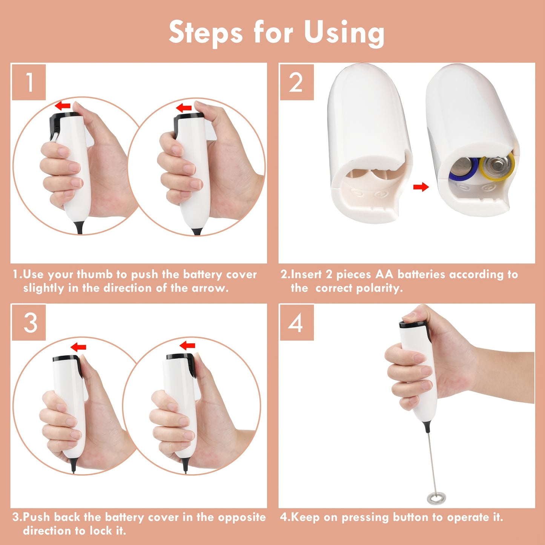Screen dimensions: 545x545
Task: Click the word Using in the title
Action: pyautogui.click(x=344, y=33)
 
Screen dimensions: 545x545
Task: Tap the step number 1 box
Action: pyautogui.click(x=29, y=82)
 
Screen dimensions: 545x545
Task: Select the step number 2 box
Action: pyautogui.click(x=296, y=82)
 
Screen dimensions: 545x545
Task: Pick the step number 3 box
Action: pyautogui.click(x=29, y=323)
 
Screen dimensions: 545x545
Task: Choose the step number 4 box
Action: pyautogui.click(x=296, y=323)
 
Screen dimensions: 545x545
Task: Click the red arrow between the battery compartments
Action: pyautogui.click(x=421, y=187)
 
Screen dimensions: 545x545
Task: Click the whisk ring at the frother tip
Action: pyautogui.click(x=436, y=499)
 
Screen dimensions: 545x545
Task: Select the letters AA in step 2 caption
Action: pyautogui.click(x=384, y=275)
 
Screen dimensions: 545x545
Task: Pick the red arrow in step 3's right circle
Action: pyautogui.click(x=187, y=345)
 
